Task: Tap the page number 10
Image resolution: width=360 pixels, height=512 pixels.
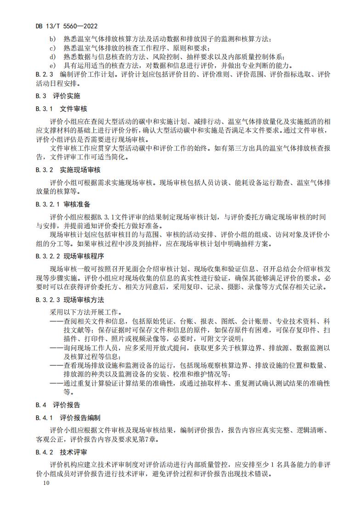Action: [45, 483]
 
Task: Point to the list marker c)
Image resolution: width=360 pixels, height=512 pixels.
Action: [52, 48]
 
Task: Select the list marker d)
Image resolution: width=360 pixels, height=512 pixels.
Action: [52, 57]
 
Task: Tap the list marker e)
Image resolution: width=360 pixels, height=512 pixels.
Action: [52, 66]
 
